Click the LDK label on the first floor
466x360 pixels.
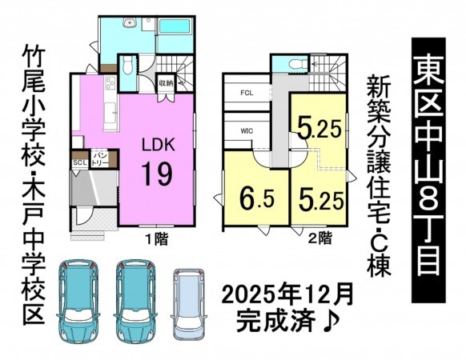pos(158,146)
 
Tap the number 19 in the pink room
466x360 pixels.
pos(157,174)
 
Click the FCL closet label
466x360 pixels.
pos(247,93)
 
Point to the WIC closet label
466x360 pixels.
pos(247,130)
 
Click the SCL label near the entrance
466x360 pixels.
pos(80,162)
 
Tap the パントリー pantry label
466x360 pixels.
pos(99,159)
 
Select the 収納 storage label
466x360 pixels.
pos(166,83)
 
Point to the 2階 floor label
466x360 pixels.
pos(319,238)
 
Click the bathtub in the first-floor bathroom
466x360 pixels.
pos(175,26)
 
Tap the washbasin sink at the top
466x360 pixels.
pos(129,22)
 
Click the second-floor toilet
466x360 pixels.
pos(298,63)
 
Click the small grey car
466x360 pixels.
pos(189,305)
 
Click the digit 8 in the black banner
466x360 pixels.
pos(428,206)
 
